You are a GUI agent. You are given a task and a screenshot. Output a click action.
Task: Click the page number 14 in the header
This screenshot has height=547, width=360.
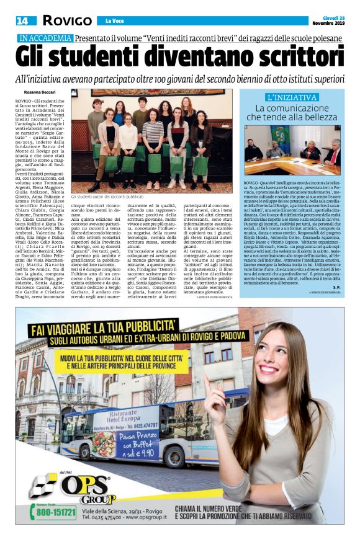click(x=22, y=20)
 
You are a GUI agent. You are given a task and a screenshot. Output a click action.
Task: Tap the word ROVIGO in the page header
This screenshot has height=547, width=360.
click(x=67, y=20)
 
